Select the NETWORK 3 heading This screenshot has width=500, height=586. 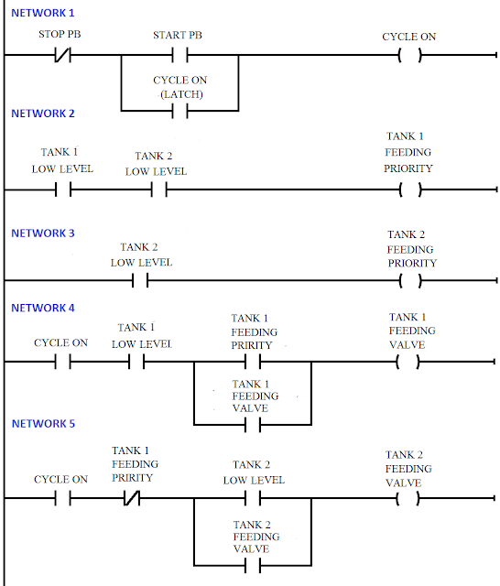point(42,233)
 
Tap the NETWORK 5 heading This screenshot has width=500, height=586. point(42,424)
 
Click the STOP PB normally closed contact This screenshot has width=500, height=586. point(63,56)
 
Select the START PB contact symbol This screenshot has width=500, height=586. point(179,56)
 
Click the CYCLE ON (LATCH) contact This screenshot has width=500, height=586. point(179,110)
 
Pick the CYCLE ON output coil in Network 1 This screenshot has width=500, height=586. point(409,56)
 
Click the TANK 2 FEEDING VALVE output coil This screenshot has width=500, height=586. point(409,499)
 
